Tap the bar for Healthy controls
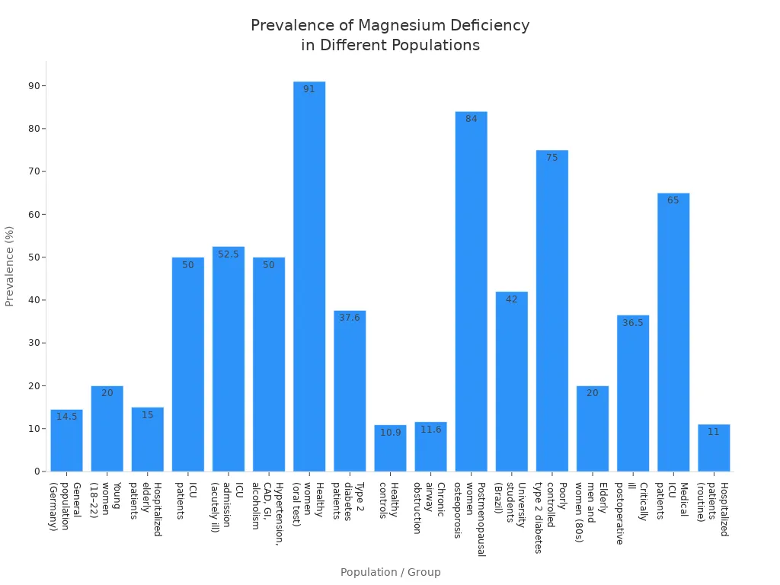point(390,449)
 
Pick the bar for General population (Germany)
point(66,441)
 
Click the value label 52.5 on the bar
point(229,254)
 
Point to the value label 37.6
point(350,318)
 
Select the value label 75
point(551,158)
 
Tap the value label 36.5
point(633,323)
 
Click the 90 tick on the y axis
point(34,86)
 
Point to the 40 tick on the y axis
point(34,300)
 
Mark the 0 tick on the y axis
point(37,472)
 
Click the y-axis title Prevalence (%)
point(10,266)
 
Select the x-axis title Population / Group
point(390,572)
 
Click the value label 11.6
point(430,430)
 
